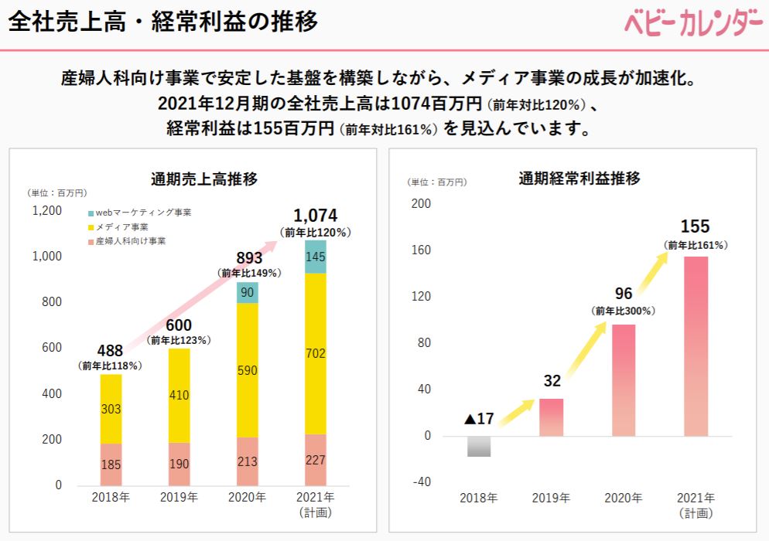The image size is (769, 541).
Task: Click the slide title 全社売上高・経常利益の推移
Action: click(x=163, y=22)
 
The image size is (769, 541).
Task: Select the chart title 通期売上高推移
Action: click(x=204, y=179)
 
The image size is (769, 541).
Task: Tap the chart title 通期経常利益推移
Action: click(x=579, y=179)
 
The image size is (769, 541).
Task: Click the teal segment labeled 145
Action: click(x=316, y=257)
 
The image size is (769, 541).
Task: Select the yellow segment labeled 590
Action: click(x=248, y=370)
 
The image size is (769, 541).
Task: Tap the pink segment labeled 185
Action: click(x=111, y=464)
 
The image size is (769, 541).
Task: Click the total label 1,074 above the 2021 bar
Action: click(x=316, y=216)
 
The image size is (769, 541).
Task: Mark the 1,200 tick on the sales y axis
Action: click(x=47, y=210)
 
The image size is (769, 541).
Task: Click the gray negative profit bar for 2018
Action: click(x=480, y=446)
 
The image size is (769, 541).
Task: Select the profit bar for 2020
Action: click(x=624, y=380)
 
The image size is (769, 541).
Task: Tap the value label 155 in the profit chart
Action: click(x=695, y=226)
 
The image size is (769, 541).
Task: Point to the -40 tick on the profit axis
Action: click(x=421, y=482)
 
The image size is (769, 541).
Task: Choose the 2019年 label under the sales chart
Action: click(x=179, y=497)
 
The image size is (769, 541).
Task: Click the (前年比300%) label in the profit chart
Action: click(x=624, y=311)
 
